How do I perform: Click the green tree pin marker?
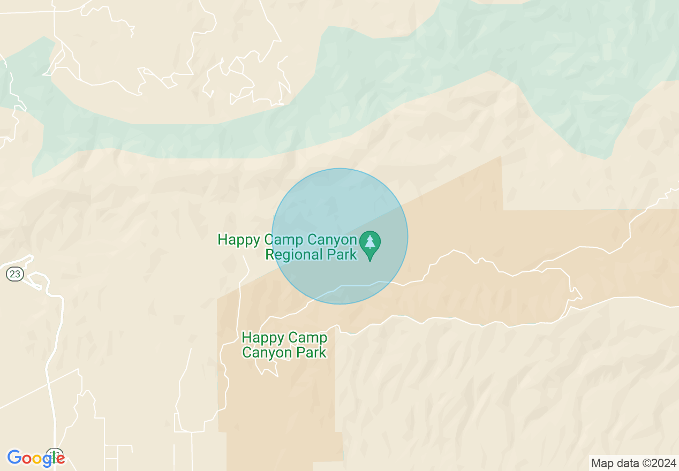(369, 244)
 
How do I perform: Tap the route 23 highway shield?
(15, 274)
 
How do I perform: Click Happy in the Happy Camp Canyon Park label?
(260, 338)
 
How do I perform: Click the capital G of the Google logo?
(14, 458)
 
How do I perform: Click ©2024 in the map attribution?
(658, 464)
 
